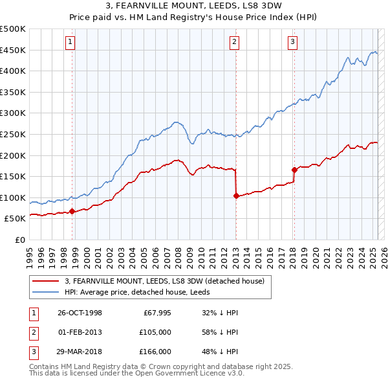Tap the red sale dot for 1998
coord(72,211)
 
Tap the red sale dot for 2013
coord(235,196)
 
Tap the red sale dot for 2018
coord(294,170)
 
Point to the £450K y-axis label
coord(13,50)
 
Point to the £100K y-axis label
coord(13,197)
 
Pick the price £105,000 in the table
coord(156,332)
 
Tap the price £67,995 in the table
coord(156,313)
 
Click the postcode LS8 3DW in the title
coord(263,7)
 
